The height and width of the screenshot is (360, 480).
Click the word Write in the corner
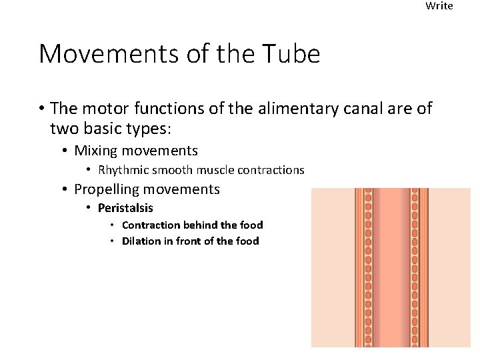click(x=439, y=6)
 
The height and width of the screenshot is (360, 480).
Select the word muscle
click(x=219, y=170)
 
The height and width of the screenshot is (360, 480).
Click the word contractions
click(x=271, y=170)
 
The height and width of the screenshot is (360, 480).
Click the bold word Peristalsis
click(x=125, y=208)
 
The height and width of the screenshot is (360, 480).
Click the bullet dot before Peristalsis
click(x=89, y=208)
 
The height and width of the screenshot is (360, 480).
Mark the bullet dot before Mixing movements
click(x=65, y=151)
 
